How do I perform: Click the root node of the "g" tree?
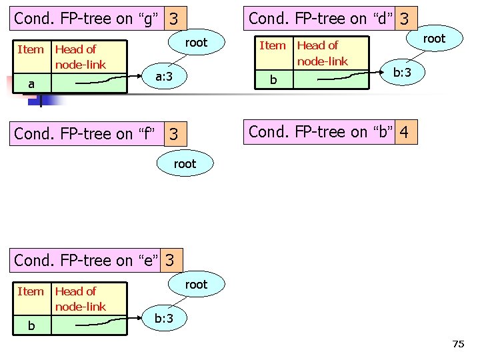pyautogui.click(x=196, y=43)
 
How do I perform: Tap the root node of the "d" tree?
pyautogui.click(x=433, y=39)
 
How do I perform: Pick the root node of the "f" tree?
pyautogui.click(x=185, y=163)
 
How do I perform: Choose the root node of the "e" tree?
pyautogui.click(x=196, y=285)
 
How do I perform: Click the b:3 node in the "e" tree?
pyautogui.click(x=164, y=319)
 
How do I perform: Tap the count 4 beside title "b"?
pyautogui.click(x=406, y=133)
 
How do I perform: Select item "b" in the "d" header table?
pyautogui.click(x=273, y=81)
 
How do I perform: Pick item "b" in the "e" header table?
pyautogui.click(x=31, y=326)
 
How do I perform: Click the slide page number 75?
pyautogui.click(x=458, y=344)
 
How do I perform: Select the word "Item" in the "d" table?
pyautogui.click(x=272, y=45)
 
